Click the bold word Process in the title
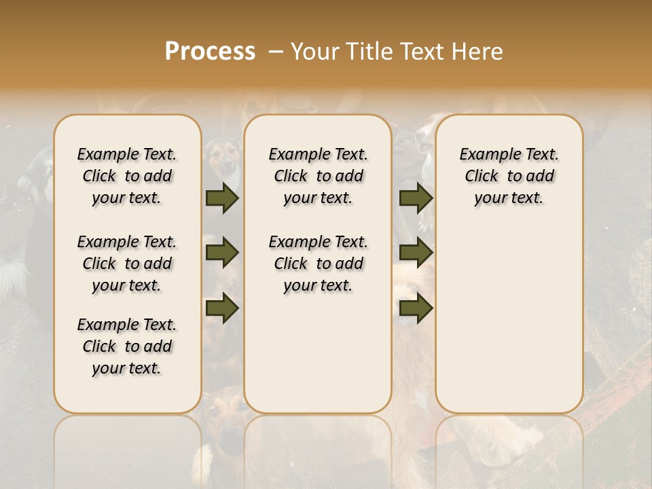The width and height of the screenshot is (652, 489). pos(210,52)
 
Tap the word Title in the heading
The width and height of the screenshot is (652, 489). pos(367,52)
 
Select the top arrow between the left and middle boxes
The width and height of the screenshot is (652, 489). pos(222,198)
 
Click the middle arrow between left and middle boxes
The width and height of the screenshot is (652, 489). pos(222,253)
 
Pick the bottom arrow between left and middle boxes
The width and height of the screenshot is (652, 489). pos(222,308)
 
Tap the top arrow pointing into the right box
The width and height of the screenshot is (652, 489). pos(416,198)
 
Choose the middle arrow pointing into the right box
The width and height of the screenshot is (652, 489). pos(416,253)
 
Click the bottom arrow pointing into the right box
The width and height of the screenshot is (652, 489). pos(416,308)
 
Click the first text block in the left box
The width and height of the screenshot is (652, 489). pos(127,176)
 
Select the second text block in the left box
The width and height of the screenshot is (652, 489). pos(127,264)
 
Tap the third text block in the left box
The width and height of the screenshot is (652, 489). pos(127,346)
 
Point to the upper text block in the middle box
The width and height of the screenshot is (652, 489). pos(318,176)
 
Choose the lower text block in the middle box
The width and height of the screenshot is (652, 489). pos(318,264)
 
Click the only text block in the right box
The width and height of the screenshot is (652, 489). pos(509,176)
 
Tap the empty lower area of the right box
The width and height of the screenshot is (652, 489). pos(509,319)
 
